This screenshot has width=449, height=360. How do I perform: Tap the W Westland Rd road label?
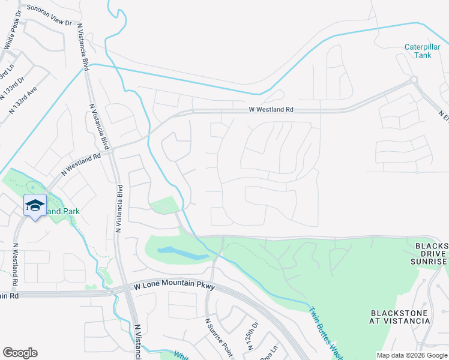[x=271, y=110]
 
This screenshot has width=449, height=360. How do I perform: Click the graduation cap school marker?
[x=35, y=205]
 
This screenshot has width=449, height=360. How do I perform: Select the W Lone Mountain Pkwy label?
[x=170, y=287]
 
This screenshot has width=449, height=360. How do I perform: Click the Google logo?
[x=20, y=353]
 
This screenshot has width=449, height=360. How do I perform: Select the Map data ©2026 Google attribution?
[x=412, y=355]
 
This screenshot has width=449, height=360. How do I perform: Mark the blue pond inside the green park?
[x=182, y=253]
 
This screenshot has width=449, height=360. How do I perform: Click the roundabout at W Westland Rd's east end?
[x=413, y=79]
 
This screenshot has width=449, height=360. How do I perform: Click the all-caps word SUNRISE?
[x=429, y=262]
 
